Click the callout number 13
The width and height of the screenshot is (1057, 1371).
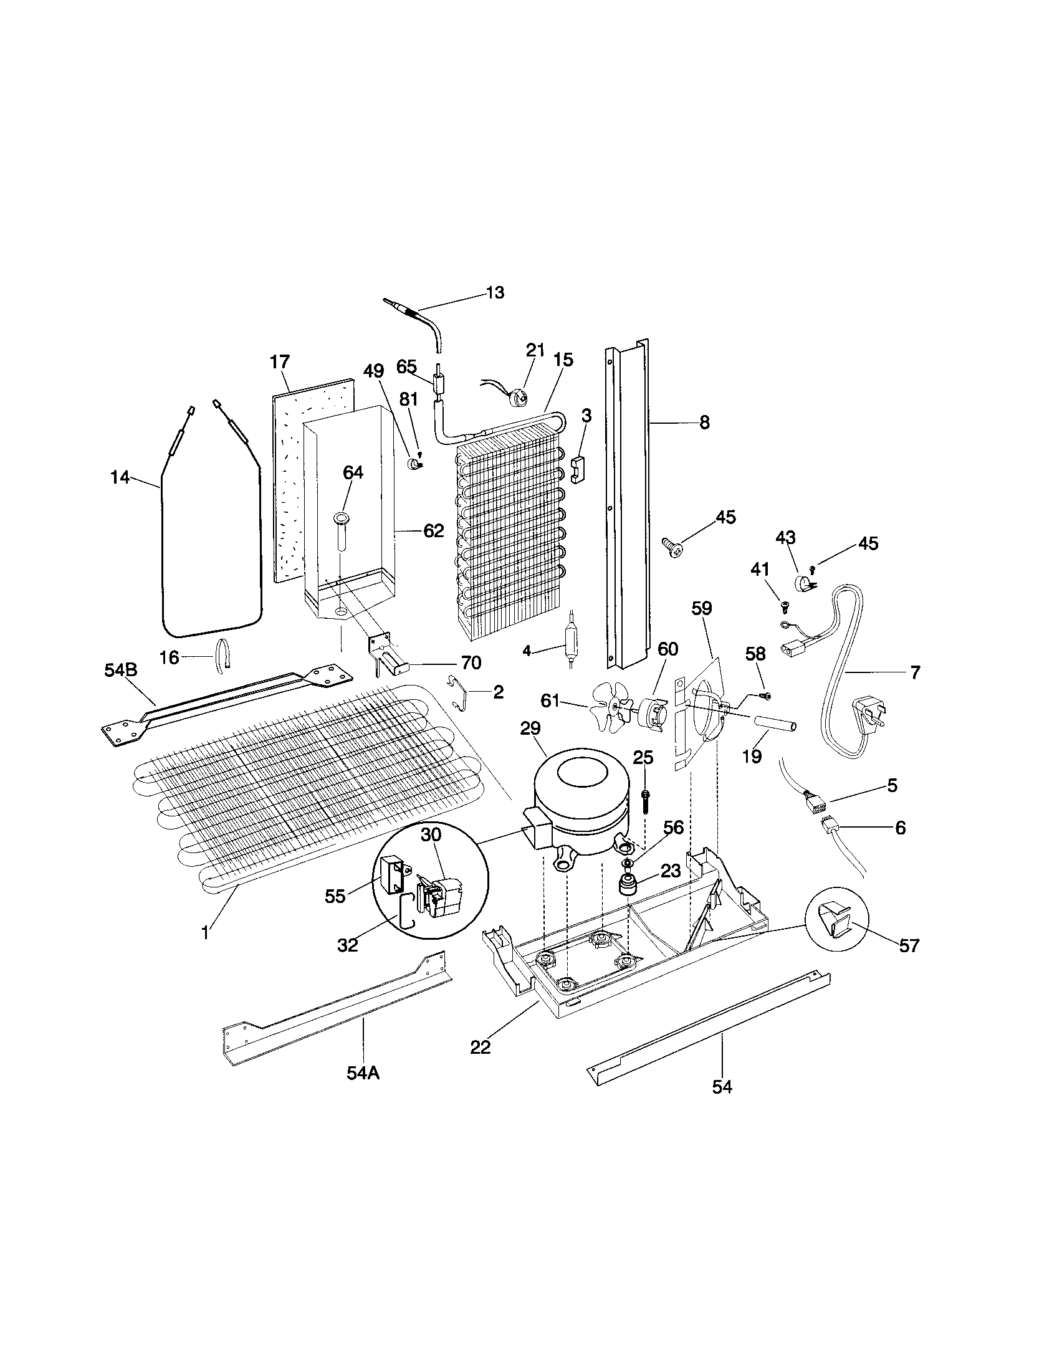pyautogui.click(x=495, y=293)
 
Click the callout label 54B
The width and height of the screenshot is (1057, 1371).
pyautogui.click(x=120, y=671)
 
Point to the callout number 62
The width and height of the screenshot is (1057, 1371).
pyautogui.click(x=433, y=531)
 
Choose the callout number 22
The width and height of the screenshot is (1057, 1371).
pyautogui.click(x=481, y=1047)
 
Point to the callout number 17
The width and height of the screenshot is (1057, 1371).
pyautogui.click(x=280, y=362)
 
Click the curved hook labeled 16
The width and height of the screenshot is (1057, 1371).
pyautogui.click(x=224, y=656)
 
